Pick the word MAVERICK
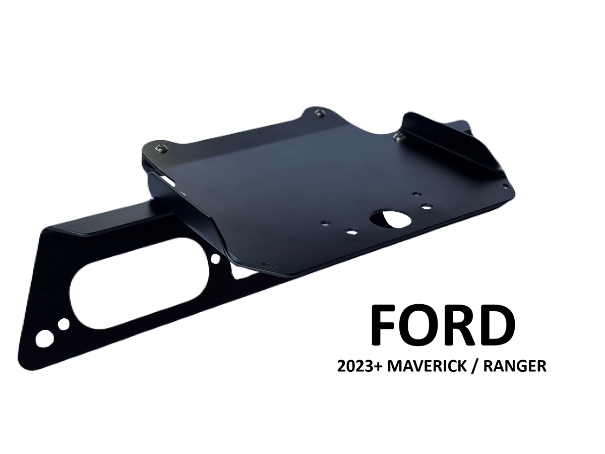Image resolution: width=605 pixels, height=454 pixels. (427, 366)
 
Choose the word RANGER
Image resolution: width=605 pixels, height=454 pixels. (515, 366)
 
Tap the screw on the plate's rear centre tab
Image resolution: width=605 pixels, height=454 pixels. (320, 112)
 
